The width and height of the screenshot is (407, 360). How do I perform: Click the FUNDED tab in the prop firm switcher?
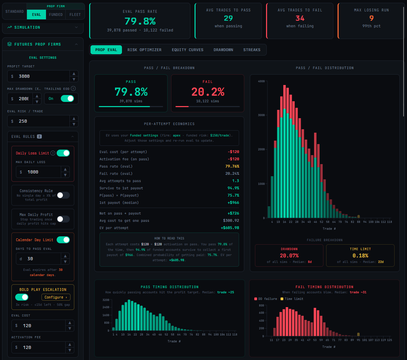point(56,15)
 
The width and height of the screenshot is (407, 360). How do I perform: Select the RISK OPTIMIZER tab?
point(144,50)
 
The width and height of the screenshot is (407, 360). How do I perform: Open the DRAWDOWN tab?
point(223,50)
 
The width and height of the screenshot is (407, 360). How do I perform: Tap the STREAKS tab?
point(252,50)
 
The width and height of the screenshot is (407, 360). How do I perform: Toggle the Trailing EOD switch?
point(67,98)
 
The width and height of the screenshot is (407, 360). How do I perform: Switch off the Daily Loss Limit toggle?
point(63,153)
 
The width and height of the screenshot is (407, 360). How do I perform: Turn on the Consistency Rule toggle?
point(63,195)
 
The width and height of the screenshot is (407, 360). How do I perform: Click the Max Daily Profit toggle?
point(63,219)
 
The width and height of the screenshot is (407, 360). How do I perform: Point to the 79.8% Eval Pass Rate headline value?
point(140,21)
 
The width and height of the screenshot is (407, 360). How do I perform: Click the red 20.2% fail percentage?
point(208,92)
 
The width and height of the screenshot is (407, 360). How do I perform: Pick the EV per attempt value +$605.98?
point(230,228)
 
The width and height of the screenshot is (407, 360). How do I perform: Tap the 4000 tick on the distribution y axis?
point(261,82)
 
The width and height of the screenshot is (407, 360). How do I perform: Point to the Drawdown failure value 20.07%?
point(289,256)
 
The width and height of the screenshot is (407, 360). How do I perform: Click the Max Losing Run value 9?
point(371,18)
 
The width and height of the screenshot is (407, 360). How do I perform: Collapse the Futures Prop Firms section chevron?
point(76,44)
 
